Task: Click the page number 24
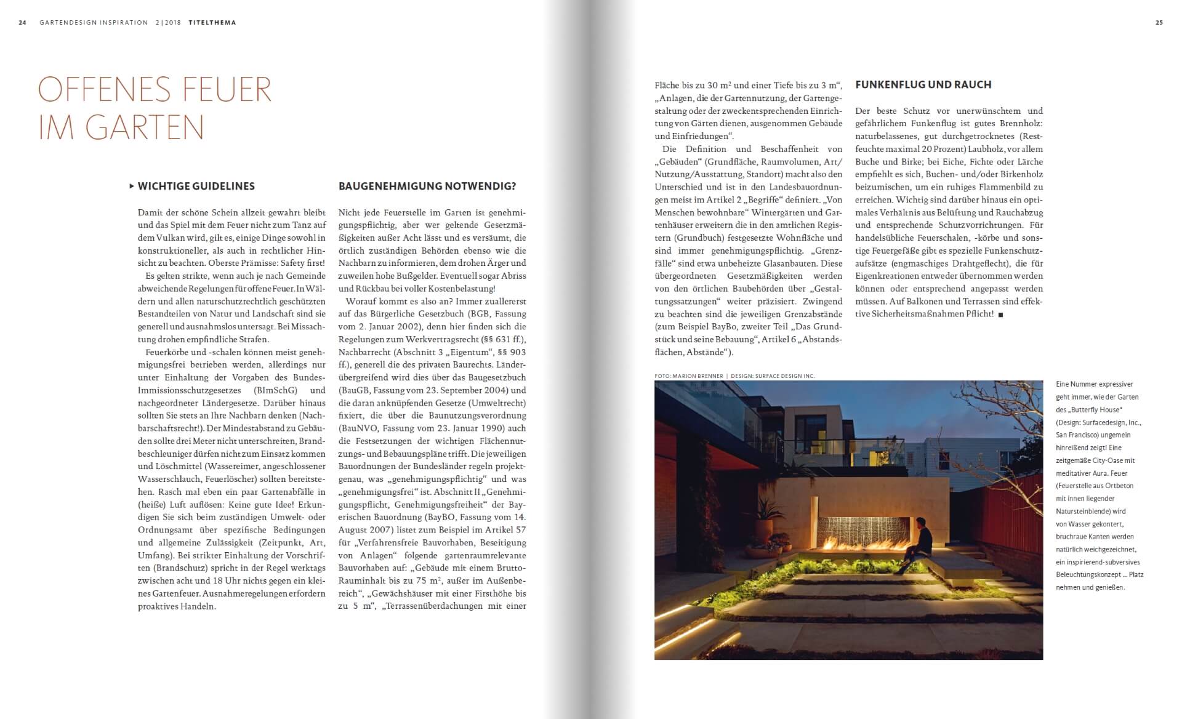click(23, 23)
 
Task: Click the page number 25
click(1159, 23)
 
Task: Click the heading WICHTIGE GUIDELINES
click(196, 187)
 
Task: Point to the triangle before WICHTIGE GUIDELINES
click(132, 186)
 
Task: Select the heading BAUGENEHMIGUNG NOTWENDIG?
click(427, 187)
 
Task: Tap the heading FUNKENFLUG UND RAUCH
click(923, 85)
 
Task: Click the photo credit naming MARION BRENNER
click(689, 376)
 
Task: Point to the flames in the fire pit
click(862, 545)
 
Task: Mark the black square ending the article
click(1000, 315)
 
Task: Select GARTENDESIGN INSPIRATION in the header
click(94, 23)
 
